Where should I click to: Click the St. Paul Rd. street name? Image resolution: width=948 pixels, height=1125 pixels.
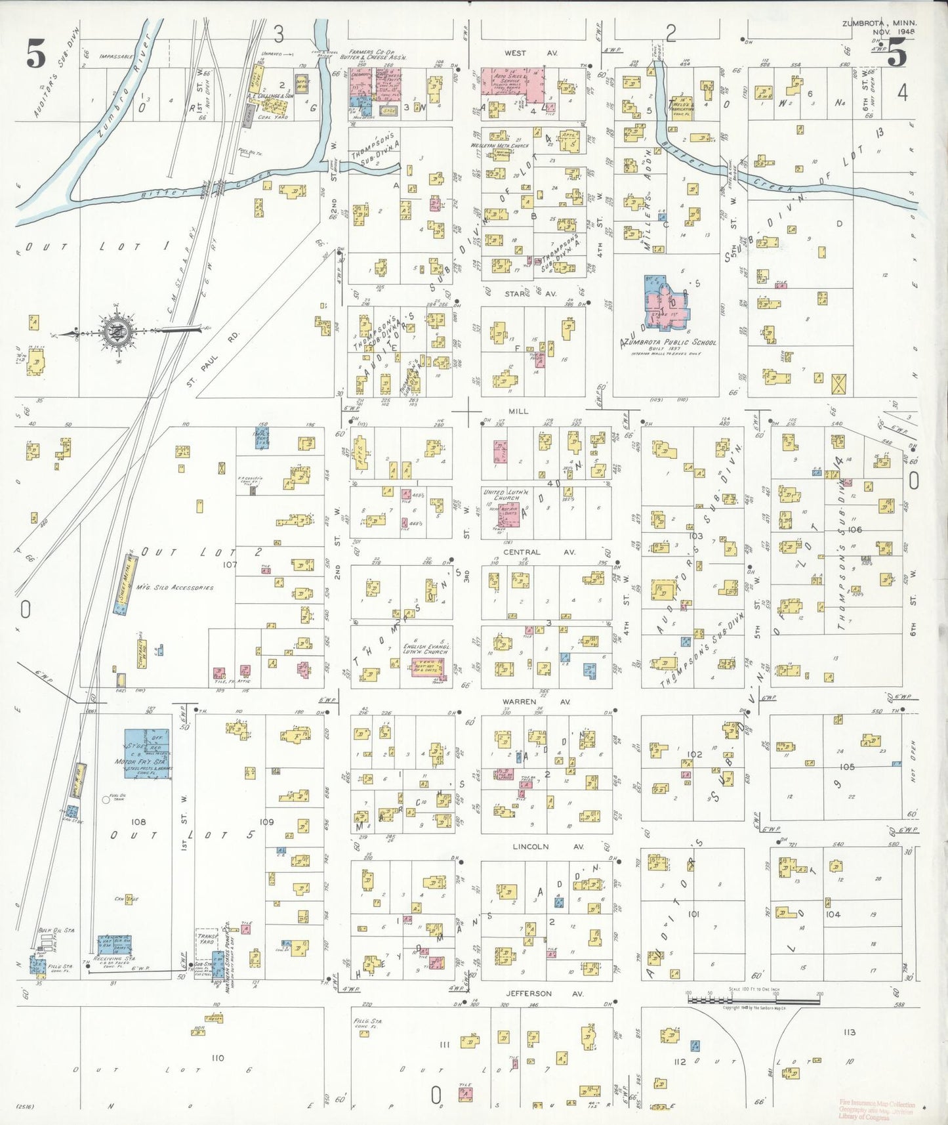[x=214, y=358]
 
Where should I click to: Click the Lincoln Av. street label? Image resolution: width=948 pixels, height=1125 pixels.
[x=547, y=847]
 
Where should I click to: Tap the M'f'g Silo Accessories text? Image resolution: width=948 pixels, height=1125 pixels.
[x=175, y=587]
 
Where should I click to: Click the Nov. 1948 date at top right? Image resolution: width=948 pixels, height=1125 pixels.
[x=894, y=32]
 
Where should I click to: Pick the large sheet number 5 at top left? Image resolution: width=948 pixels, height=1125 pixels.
[x=36, y=54]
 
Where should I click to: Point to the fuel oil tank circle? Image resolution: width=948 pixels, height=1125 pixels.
[x=106, y=799]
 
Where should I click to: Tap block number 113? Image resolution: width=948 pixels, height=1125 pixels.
[x=850, y=1032]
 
